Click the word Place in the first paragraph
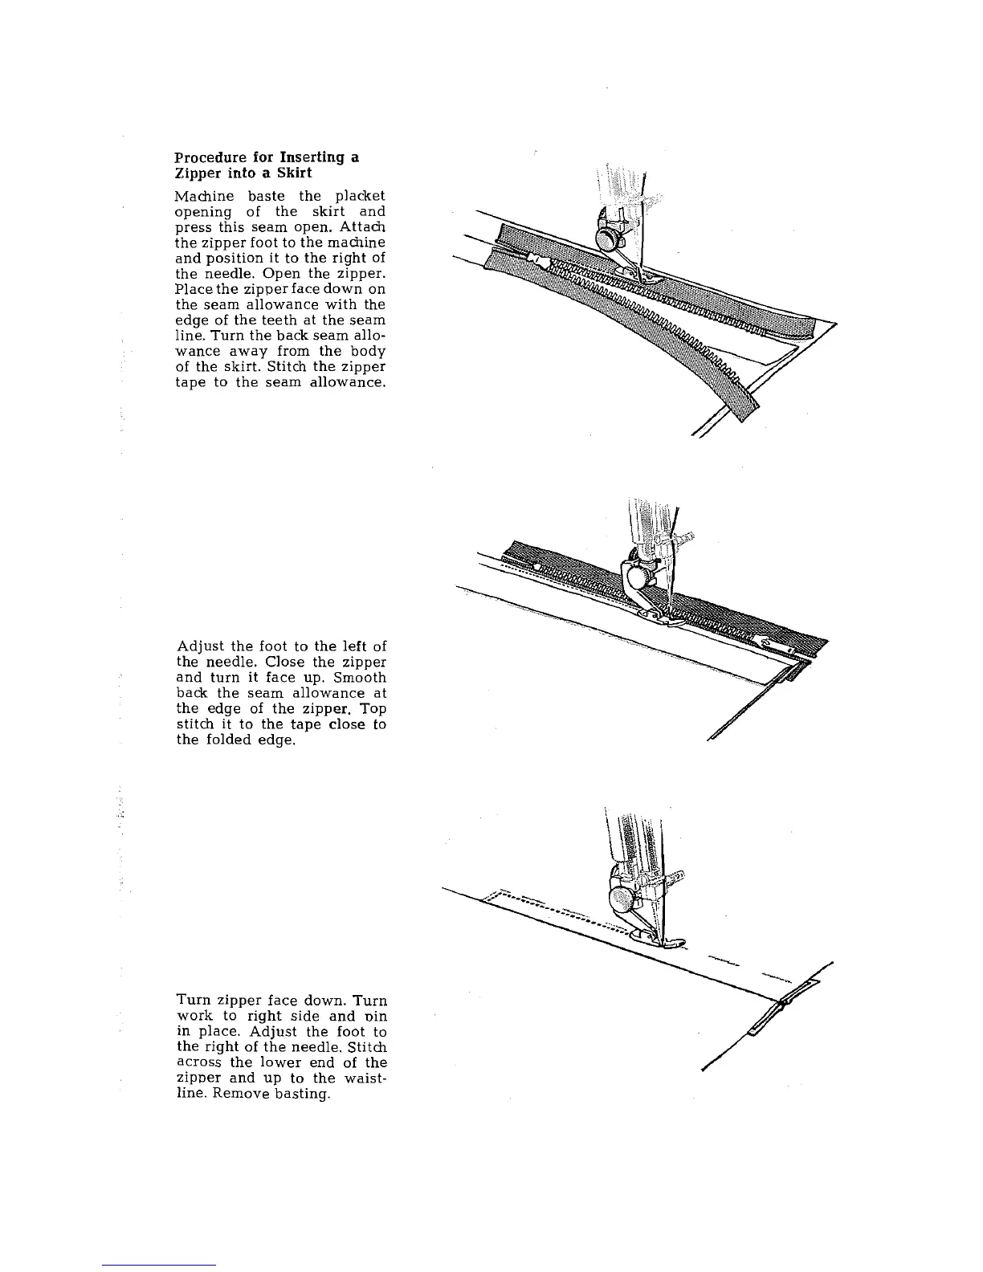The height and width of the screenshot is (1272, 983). pyautogui.click(x=190, y=289)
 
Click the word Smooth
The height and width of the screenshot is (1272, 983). pyautogui.click(x=359, y=678)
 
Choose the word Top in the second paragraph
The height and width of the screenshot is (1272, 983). pyautogui.click(x=373, y=709)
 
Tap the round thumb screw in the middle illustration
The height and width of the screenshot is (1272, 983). pyautogui.click(x=640, y=577)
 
